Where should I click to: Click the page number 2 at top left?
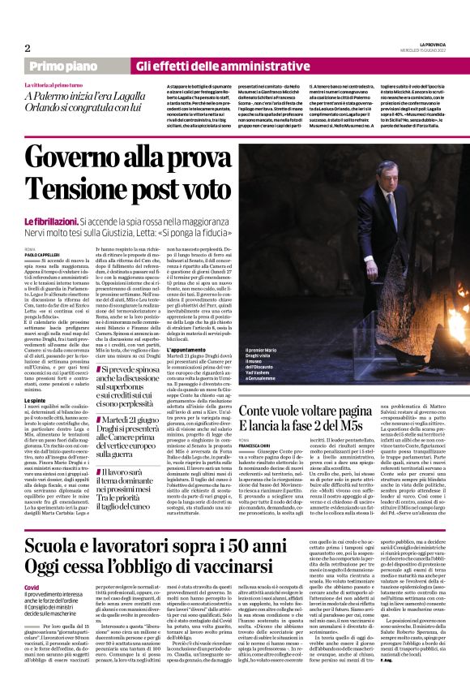pyautogui.click(x=27, y=47)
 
